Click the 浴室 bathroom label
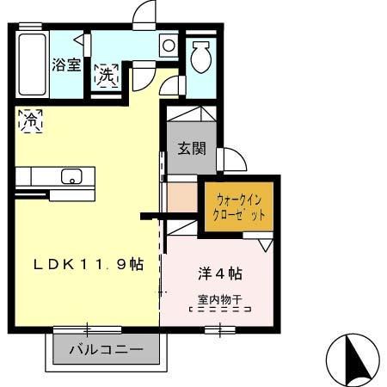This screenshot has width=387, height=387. tap(65, 64)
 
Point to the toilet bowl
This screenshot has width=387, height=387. tap(200, 58)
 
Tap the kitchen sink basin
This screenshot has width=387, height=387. tap(71, 177)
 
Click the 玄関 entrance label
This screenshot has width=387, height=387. tap(192, 147)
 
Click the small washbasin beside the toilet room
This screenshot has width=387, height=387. tap(168, 44)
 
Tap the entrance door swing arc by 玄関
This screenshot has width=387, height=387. tap(233, 159)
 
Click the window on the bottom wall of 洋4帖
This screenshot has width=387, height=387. tap(221, 328)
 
